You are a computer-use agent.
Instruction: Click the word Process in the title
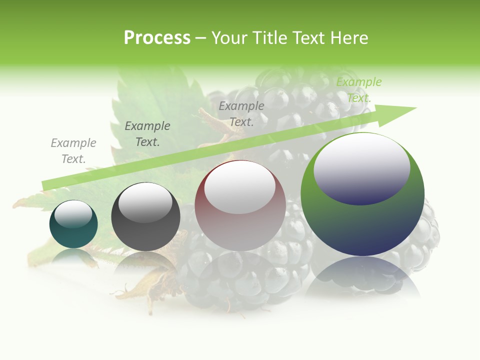[157, 38]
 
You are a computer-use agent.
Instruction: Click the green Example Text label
[358, 90]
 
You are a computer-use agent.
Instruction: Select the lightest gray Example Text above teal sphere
[73, 151]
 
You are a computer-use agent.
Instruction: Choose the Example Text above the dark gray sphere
[147, 134]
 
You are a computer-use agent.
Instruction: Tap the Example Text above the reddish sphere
[241, 114]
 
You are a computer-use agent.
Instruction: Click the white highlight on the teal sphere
[73, 214]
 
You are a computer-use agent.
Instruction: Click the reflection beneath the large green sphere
[362, 275]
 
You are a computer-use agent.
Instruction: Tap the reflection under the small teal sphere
[73, 256]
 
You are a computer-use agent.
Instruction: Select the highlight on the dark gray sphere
[145, 203]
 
